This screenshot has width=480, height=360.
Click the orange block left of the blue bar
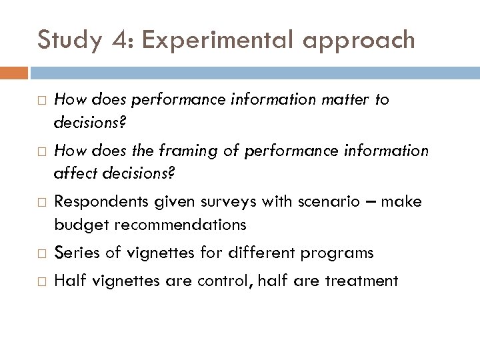pyautogui.click(x=14, y=71)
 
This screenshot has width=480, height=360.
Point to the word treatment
pyautogui.click(x=361, y=281)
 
